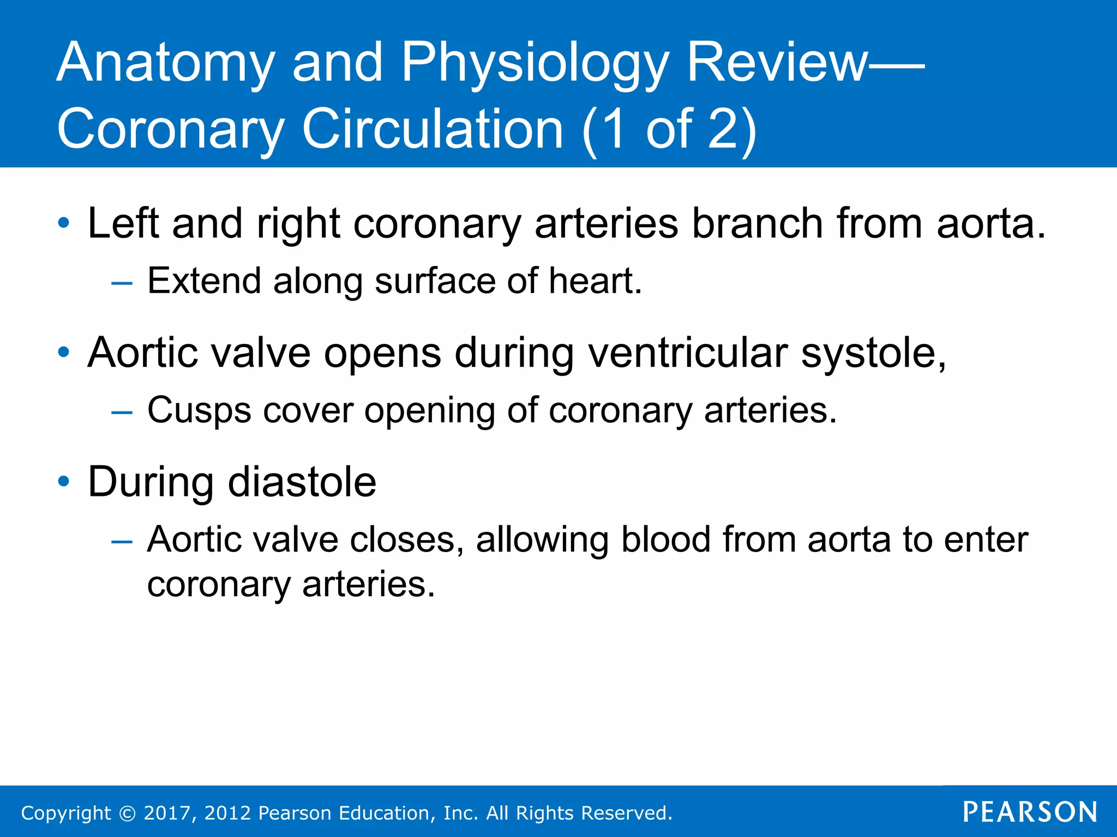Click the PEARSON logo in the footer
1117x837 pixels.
click(x=1030, y=812)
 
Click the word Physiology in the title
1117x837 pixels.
click(x=535, y=64)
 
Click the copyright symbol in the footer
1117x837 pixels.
click(x=127, y=813)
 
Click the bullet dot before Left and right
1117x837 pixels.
click(x=64, y=223)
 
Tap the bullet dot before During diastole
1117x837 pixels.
click(x=64, y=481)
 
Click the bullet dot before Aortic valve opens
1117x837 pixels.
click(x=64, y=352)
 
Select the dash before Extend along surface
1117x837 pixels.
click(x=121, y=282)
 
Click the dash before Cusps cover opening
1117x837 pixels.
click(x=121, y=411)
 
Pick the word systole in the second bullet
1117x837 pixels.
click(x=873, y=353)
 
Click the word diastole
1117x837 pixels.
click(x=302, y=482)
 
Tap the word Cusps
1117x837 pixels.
click(x=199, y=410)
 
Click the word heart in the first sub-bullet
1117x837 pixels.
click(x=594, y=281)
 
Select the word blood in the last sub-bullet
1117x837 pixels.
click(x=666, y=539)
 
